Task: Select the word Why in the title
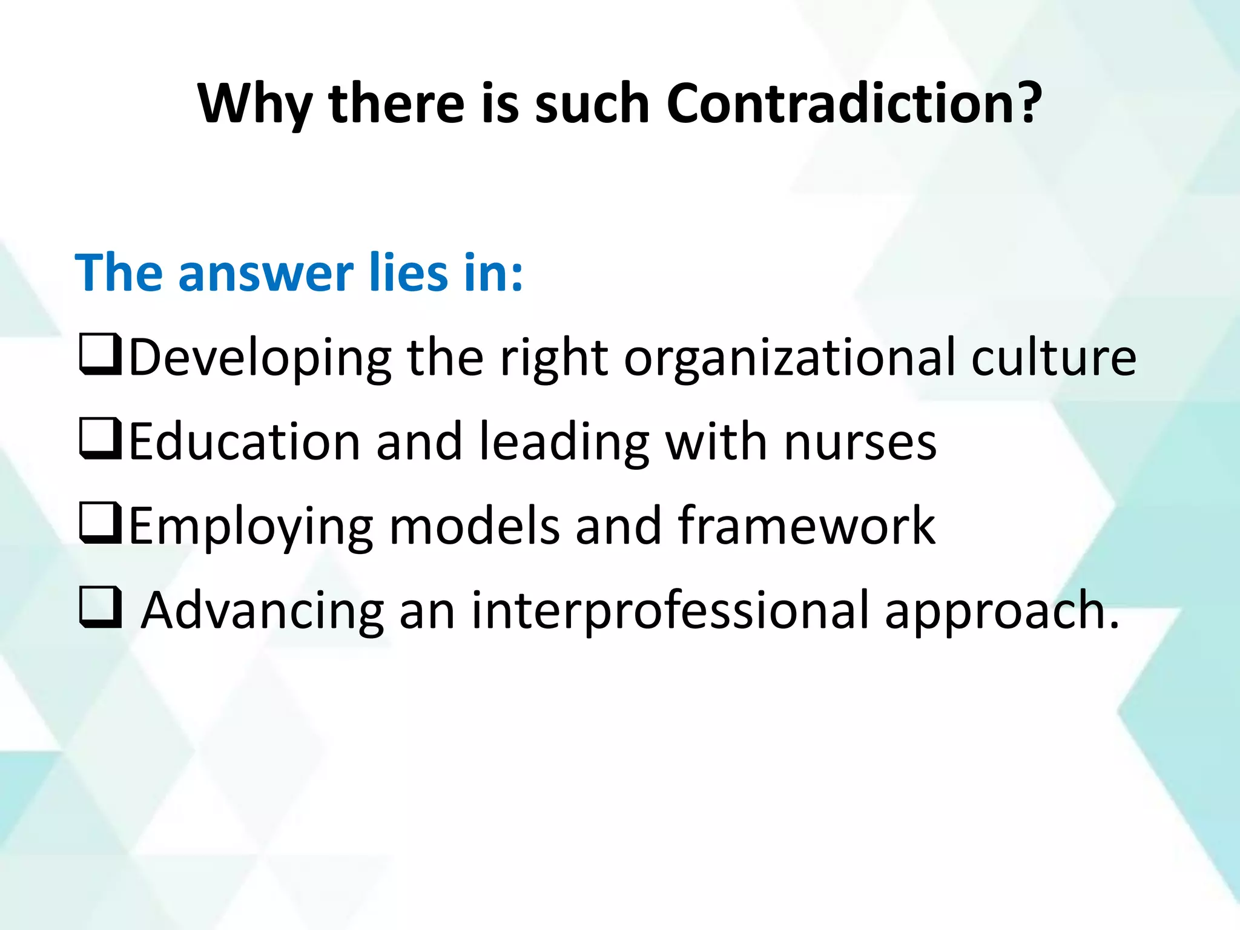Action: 254,104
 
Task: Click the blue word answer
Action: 266,274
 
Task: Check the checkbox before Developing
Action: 100,356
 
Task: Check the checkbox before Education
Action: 100,440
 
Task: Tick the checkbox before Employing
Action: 100,524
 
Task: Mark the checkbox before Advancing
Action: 100,608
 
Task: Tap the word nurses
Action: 860,442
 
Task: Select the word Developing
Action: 260,358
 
